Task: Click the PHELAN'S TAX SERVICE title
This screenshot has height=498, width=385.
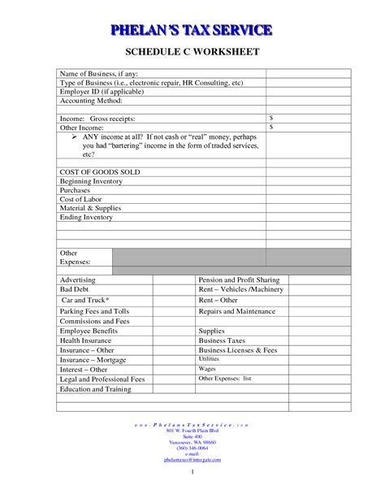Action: point(192,31)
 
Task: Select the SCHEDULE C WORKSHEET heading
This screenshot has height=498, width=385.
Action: point(192,53)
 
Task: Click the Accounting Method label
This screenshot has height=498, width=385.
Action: point(91,101)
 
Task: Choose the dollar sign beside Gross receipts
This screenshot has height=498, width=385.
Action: point(271,119)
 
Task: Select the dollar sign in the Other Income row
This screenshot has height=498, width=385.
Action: point(271,128)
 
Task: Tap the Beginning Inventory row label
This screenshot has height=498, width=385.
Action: point(91,181)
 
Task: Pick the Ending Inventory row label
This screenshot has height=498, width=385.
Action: point(86,217)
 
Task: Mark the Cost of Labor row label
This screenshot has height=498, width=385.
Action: point(80,199)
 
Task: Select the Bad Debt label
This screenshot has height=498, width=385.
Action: point(74,289)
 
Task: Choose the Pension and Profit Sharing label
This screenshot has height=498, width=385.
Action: point(239,279)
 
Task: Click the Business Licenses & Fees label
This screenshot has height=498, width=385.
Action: point(238,349)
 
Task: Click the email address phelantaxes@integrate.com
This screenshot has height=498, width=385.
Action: point(192,459)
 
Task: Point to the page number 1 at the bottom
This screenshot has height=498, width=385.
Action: point(192,472)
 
